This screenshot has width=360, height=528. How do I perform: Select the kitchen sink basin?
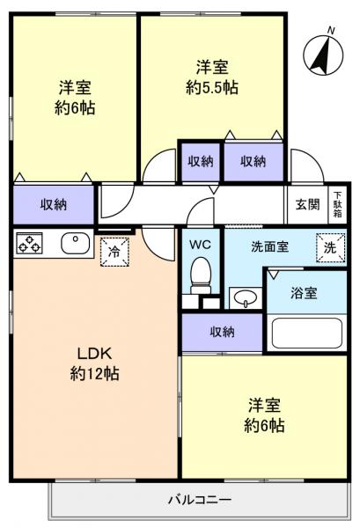pos(73,242)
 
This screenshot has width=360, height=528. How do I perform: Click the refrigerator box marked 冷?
pos(114,251)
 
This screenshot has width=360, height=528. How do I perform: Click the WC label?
pos(202,242)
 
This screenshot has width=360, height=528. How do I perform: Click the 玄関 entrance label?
pos(307,205)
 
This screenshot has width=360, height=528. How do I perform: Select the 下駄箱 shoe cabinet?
pos(336,205)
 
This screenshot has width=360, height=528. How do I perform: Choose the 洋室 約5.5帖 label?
pos(212,77)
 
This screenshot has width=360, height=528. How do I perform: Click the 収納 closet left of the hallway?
pos(54,204)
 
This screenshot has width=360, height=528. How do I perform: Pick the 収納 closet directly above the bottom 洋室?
pos(222,331)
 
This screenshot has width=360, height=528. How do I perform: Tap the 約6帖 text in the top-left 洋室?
pos(76,108)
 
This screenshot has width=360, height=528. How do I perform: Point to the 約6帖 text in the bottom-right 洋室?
pos(265,425)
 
